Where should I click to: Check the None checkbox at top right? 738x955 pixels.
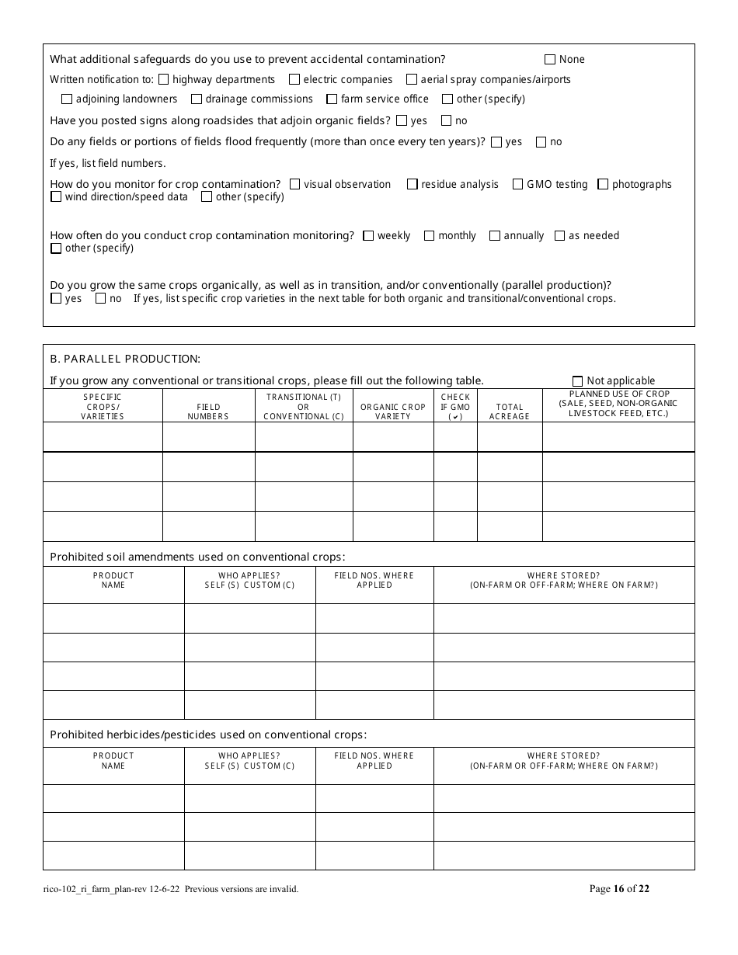550,60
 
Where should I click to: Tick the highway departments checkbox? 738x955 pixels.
164,79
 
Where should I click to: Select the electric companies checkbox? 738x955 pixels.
294,79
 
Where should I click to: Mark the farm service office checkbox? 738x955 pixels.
332,99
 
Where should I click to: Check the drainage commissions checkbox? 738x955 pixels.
197,99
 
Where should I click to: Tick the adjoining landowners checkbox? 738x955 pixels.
67,99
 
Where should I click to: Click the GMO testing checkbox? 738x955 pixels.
517,185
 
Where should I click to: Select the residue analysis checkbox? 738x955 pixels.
413,185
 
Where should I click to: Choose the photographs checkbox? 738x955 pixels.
603,185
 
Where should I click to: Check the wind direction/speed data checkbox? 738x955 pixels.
56,197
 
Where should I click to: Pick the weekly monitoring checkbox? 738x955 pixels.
368,236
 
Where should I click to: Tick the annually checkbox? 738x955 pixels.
495,236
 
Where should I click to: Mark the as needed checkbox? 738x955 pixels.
559,236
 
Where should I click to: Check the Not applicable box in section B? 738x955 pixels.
577,381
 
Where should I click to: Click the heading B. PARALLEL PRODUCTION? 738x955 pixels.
125,359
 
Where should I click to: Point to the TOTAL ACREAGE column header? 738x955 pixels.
509,412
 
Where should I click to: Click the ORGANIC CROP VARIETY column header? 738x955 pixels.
393,412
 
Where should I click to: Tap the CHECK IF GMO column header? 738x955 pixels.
455,406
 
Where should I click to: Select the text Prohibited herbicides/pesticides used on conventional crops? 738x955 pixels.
208,734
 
